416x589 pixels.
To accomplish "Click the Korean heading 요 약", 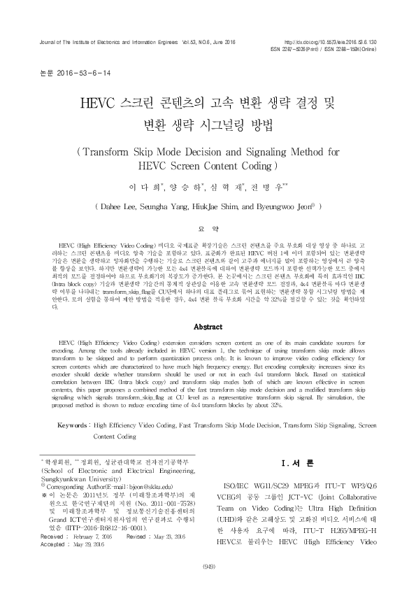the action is [208, 229].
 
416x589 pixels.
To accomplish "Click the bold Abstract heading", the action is [208, 327].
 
